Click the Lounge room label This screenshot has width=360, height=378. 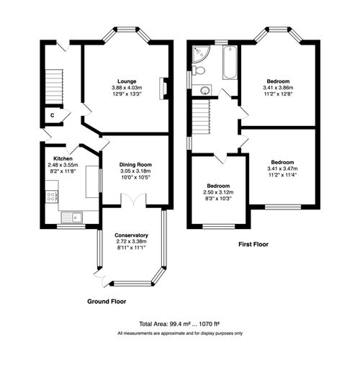(x=128, y=81)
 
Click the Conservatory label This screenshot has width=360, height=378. (x=131, y=235)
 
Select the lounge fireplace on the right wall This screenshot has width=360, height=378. (x=163, y=87)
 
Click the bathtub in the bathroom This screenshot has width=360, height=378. (x=230, y=63)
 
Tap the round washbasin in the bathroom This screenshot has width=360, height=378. (x=205, y=90)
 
